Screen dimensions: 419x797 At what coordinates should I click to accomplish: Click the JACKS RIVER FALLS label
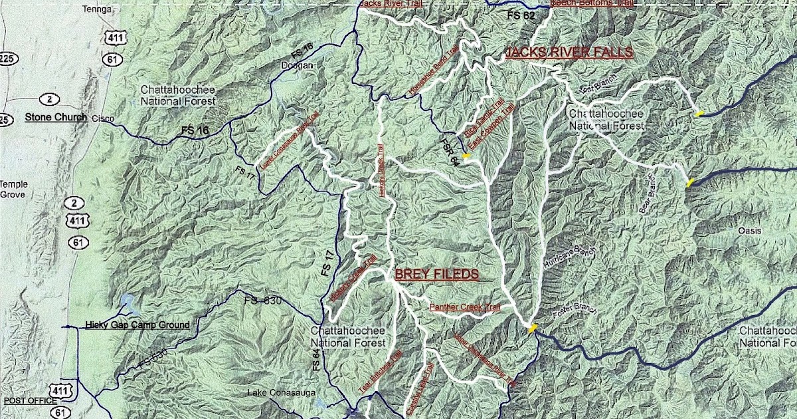tap(569, 53)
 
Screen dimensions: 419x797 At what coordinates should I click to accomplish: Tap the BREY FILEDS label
tap(436, 274)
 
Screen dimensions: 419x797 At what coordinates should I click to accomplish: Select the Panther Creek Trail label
tap(464, 307)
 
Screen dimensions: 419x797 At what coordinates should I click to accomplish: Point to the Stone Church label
tap(56, 117)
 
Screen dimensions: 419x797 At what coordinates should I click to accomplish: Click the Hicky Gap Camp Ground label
tap(137, 325)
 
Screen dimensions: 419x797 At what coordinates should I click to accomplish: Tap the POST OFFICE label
tap(30, 401)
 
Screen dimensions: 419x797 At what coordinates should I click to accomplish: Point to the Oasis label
tap(749, 230)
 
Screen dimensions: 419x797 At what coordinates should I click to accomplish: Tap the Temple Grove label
tap(13, 190)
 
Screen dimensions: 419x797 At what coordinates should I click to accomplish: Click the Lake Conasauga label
tap(276, 392)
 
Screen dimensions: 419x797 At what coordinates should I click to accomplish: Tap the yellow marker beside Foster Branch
tap(532, 327)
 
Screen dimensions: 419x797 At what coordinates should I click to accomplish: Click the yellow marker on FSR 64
tap(467, 156)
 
